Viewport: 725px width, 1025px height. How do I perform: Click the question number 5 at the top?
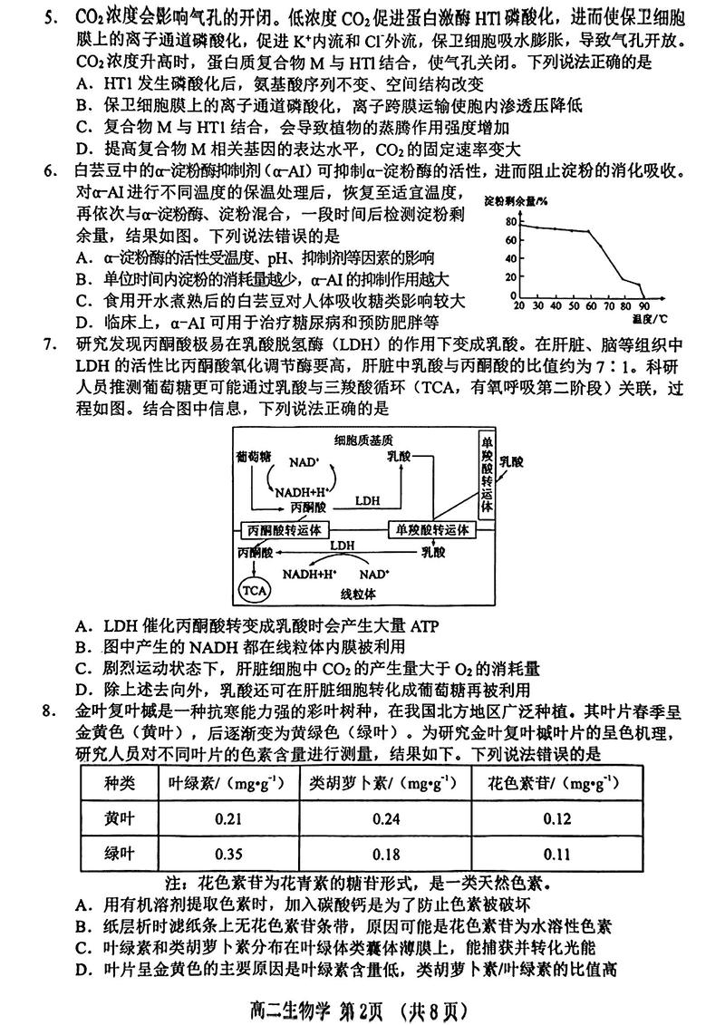(54, 17)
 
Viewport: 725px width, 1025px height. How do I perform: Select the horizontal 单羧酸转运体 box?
(431, 528)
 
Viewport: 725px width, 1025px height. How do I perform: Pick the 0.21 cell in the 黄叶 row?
(227, 820)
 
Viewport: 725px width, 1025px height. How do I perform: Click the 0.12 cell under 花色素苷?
(557, 820)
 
